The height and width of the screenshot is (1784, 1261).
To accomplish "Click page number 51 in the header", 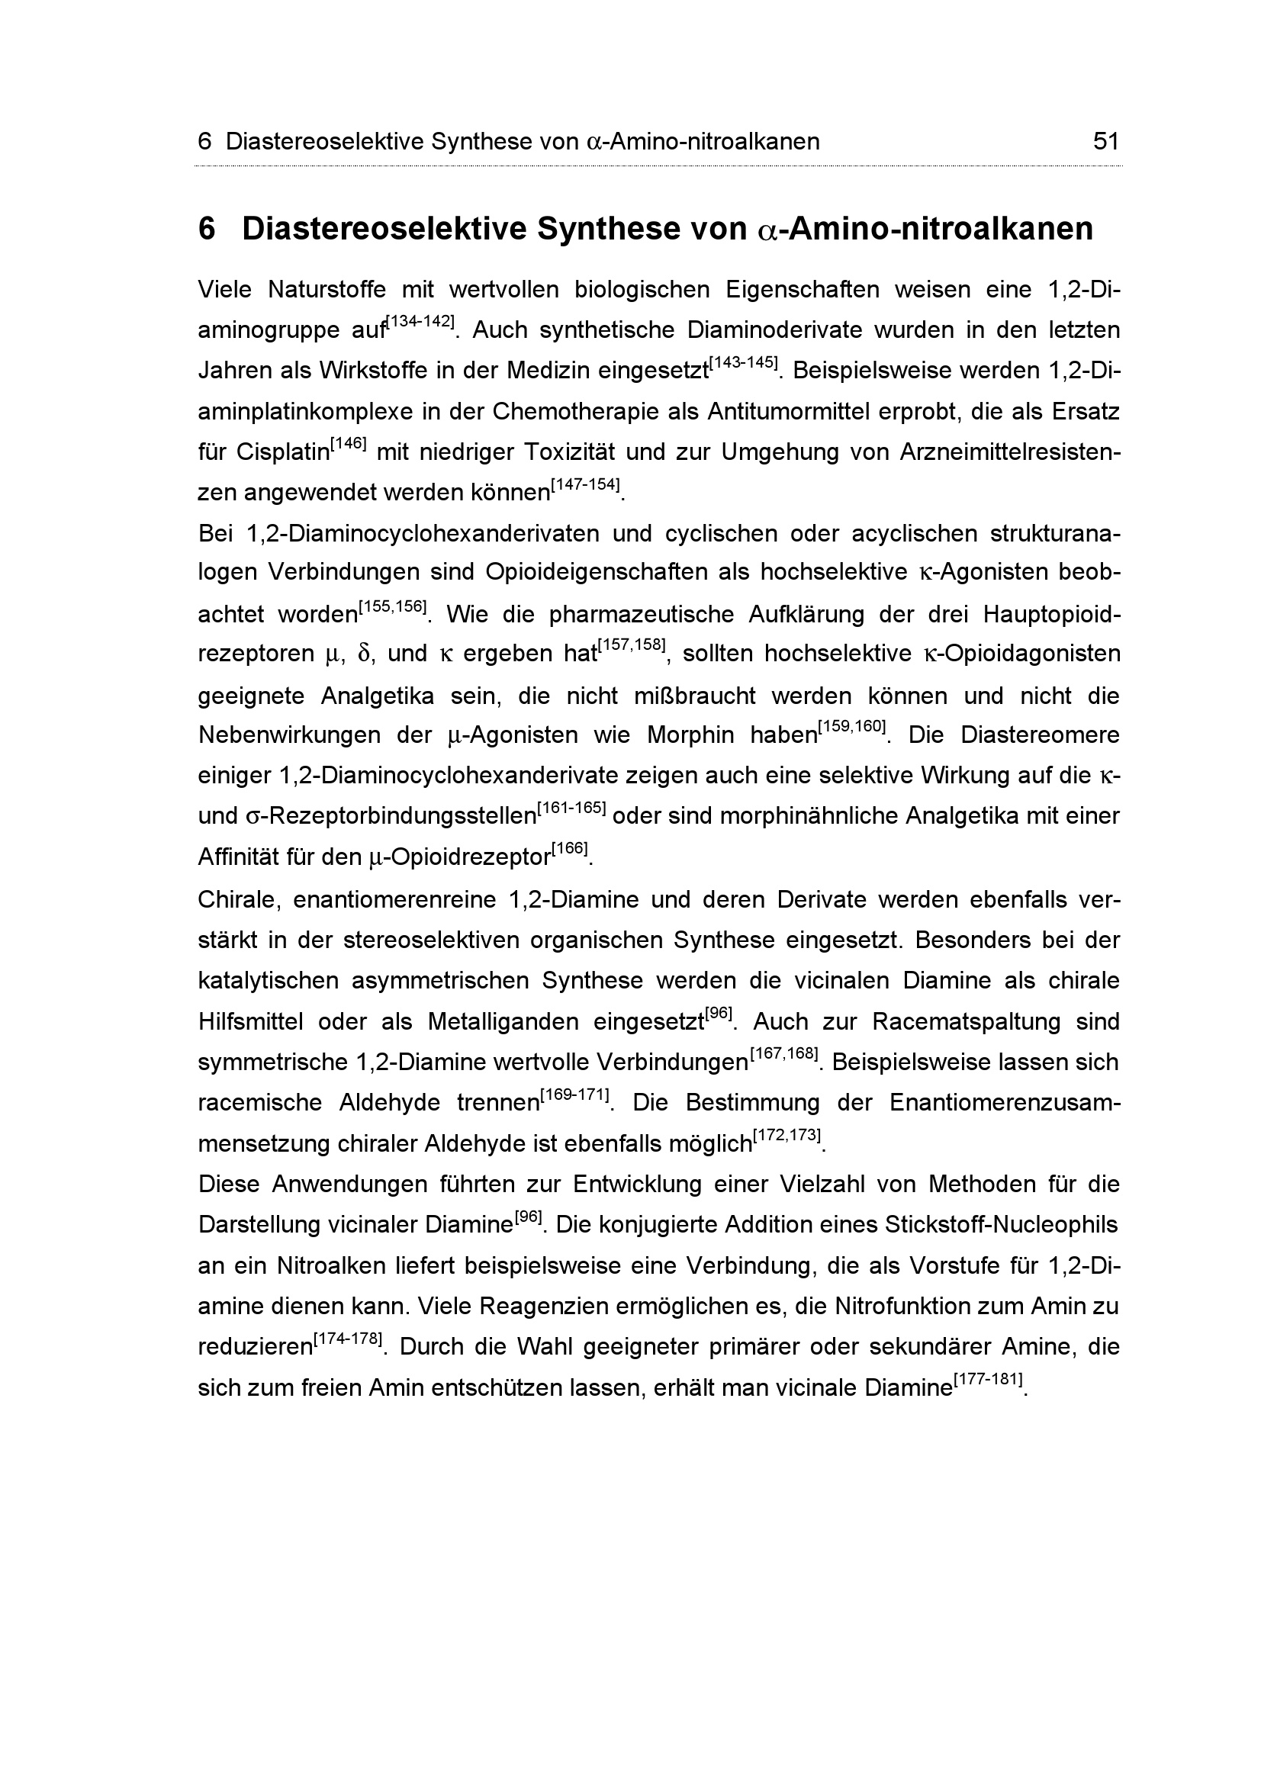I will click(1105, 141).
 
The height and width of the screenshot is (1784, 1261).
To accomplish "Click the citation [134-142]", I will click(420, 322).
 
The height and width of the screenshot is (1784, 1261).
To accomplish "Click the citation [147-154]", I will click(585, 485).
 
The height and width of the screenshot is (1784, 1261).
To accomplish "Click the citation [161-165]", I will click(571, 808).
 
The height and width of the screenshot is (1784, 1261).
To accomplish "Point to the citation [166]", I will click(570, 848).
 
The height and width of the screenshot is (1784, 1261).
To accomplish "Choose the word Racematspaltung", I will click(966, 1022).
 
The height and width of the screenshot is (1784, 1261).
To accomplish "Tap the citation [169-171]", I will click(575, 1095).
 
